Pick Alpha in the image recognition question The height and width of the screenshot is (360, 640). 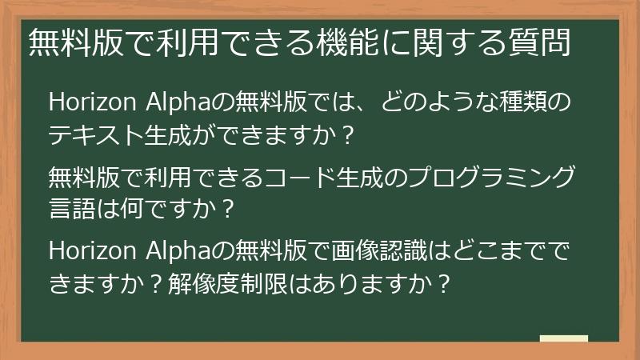[176, 250]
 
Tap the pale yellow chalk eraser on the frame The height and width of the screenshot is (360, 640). [564, 340]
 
